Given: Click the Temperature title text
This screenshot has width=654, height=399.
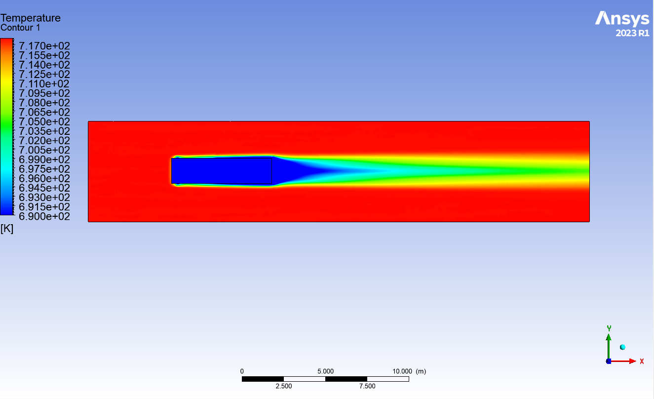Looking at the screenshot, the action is coord(31,18).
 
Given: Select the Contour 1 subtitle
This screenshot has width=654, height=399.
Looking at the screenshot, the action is coord(20,28).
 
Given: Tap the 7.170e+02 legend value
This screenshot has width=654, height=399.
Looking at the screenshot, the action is coord(44,46).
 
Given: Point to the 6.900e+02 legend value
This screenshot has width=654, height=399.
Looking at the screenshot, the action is coord(44,216).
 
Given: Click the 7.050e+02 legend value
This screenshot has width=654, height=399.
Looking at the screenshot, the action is coord(44,121).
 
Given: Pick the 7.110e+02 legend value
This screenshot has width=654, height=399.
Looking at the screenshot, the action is coord(44,84).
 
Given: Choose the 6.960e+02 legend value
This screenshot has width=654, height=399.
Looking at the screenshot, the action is coord(44,178).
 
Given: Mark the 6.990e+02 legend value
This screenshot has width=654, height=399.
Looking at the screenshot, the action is coord(44,160).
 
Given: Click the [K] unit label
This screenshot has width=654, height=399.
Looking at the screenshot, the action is coord(7,229).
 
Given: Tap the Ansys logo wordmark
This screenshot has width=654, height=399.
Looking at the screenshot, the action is coord(622,19).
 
